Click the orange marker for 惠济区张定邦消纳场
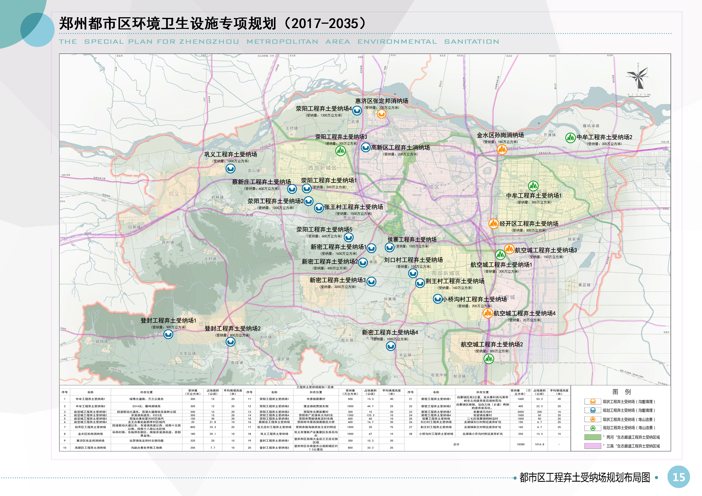coord(381,114)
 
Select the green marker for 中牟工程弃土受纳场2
coord(570,138)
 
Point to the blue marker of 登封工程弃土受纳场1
coord(168,334)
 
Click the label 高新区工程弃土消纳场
coord(400,147)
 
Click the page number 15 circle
coord(678,477)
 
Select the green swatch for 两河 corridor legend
coord(593,437)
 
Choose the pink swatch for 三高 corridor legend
coord(593,446)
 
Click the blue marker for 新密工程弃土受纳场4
coord(390,346)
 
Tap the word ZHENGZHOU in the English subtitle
coord(209,42)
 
